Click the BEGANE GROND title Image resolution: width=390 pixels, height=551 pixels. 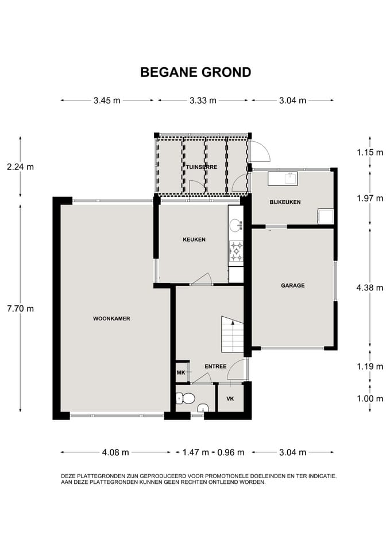tap(195, 72)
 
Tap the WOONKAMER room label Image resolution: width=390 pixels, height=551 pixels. tap(111, 319)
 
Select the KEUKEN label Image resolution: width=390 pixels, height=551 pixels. tap(194, 240)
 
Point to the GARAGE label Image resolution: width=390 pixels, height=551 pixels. tap(292, 286)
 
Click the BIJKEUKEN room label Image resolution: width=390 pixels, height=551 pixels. tap(285, 202)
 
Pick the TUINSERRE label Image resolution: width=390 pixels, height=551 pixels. tap(202, 167)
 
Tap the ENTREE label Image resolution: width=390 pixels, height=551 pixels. tap(215, 367)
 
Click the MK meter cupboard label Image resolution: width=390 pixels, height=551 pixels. tap(181, 372)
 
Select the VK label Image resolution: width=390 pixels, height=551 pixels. tap(230, 399)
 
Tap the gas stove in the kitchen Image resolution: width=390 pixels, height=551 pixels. tap(236, 251)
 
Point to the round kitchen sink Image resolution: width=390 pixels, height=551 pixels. tap(235, 225)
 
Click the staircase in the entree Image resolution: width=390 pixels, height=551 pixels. tap(233, 334)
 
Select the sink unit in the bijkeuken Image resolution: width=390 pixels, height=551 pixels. tap(283, 179)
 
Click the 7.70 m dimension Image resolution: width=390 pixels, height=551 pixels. tap(21, 309)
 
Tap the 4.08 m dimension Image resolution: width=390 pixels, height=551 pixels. tap(115, 452)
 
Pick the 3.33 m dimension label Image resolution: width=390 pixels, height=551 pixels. tap(203, 100)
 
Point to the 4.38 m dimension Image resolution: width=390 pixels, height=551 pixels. tap(369, 288)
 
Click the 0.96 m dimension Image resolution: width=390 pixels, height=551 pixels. tap(231, 452)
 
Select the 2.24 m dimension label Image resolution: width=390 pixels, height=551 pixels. tap(21, 167)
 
